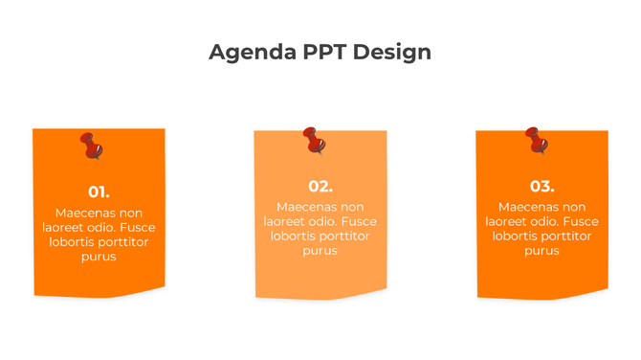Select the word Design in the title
[x=392, y=52]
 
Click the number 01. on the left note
[x=99, y=191]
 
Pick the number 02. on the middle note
[x=320, y=186]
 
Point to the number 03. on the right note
[x=542, y=186]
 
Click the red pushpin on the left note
[x=92, y=146]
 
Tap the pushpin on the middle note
[x=314, y=141]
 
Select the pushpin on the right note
[x=538, y=140]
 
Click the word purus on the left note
[x=99, y=257]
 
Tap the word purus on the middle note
[x=320, y=251]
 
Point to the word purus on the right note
[x=542, y=251]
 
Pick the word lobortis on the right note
[x=518, y=236]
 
